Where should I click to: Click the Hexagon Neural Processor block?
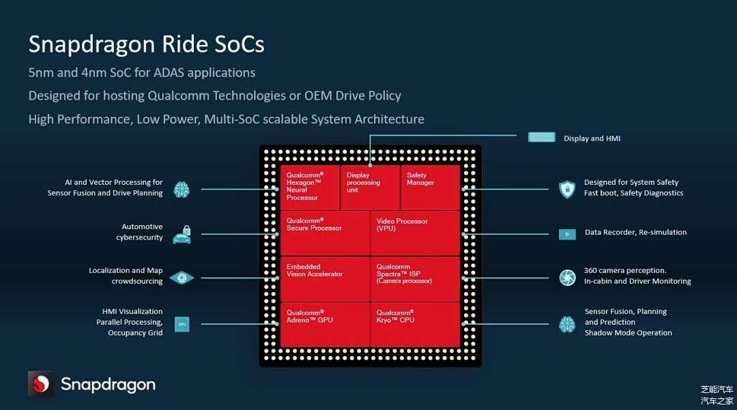pos(309,187)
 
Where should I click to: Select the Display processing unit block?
pos(370,187)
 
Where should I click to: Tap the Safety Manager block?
pos(430,187)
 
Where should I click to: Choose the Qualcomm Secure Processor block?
pos(325,233)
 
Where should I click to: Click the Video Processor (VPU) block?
pos(416,233)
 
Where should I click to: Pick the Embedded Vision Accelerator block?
pos(325,278)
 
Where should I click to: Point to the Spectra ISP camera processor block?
pos(416,278)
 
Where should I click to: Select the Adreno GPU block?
pos(325,324)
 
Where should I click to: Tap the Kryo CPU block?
pos(416,324)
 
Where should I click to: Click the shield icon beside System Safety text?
pos(567,189)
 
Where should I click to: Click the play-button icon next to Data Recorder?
pos(567,234)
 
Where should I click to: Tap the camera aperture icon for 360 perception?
pos(567,278)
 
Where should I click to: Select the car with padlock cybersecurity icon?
pos(182,234)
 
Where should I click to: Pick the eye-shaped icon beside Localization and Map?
pos(182,278)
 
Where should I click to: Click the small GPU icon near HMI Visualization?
pos(182,325)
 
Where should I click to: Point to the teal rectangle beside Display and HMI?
pos(542,137)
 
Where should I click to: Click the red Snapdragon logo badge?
pos(40,383)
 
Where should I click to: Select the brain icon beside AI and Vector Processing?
pos(182,189)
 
